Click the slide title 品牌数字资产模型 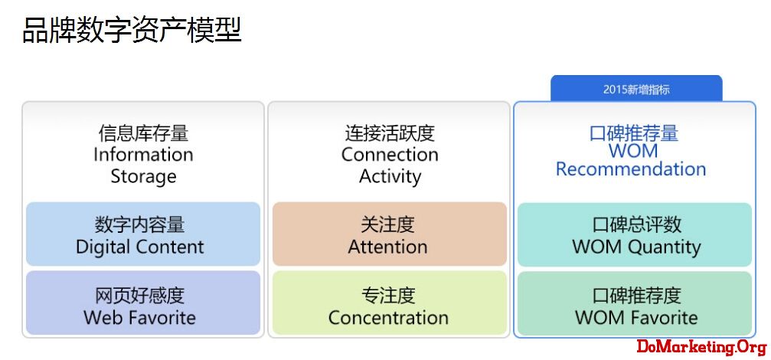[132, 30]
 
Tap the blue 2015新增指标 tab [635, 89]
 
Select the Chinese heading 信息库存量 [143, 133]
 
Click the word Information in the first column [143, 154]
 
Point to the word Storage [143, 176]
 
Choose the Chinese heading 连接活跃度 [390, 133]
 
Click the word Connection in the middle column [390, 154]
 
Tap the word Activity [390, 176]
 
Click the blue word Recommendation [631, 169]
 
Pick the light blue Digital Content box [143, 234]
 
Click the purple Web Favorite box [143, 303]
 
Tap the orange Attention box [390, 234]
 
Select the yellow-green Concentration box [390, 303]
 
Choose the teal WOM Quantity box [635, 234]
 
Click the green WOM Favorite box [635, 303]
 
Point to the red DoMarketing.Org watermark [702, 347]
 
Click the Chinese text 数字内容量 [139, 224]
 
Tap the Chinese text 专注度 [388, 295]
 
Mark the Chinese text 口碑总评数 [636, 224]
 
